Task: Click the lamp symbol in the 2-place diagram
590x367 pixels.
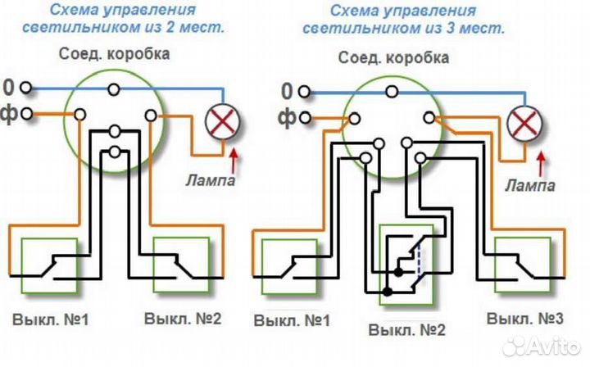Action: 221,123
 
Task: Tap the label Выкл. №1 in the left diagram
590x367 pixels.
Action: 51,318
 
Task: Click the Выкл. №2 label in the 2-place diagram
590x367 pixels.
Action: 181,318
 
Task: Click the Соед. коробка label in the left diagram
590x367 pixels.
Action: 115,55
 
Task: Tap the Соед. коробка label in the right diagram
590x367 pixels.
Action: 393,59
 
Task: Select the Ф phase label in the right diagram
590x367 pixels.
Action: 288,116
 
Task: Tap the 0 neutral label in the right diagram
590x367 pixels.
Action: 287,89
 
